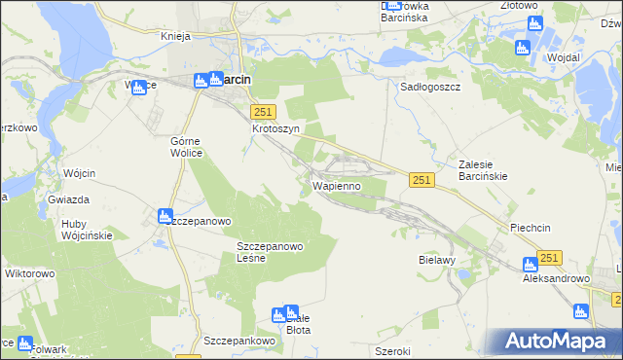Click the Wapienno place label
coord(337,185)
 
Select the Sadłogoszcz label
coord(430,87)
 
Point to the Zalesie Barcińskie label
coord(491,171)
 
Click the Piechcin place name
coord(531,228)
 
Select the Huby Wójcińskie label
coord(87,229)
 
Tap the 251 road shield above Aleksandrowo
coord(550,257)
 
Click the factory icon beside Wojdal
coord(522,48)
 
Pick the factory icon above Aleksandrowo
coord(531,264)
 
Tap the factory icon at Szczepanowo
coord(165,215)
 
